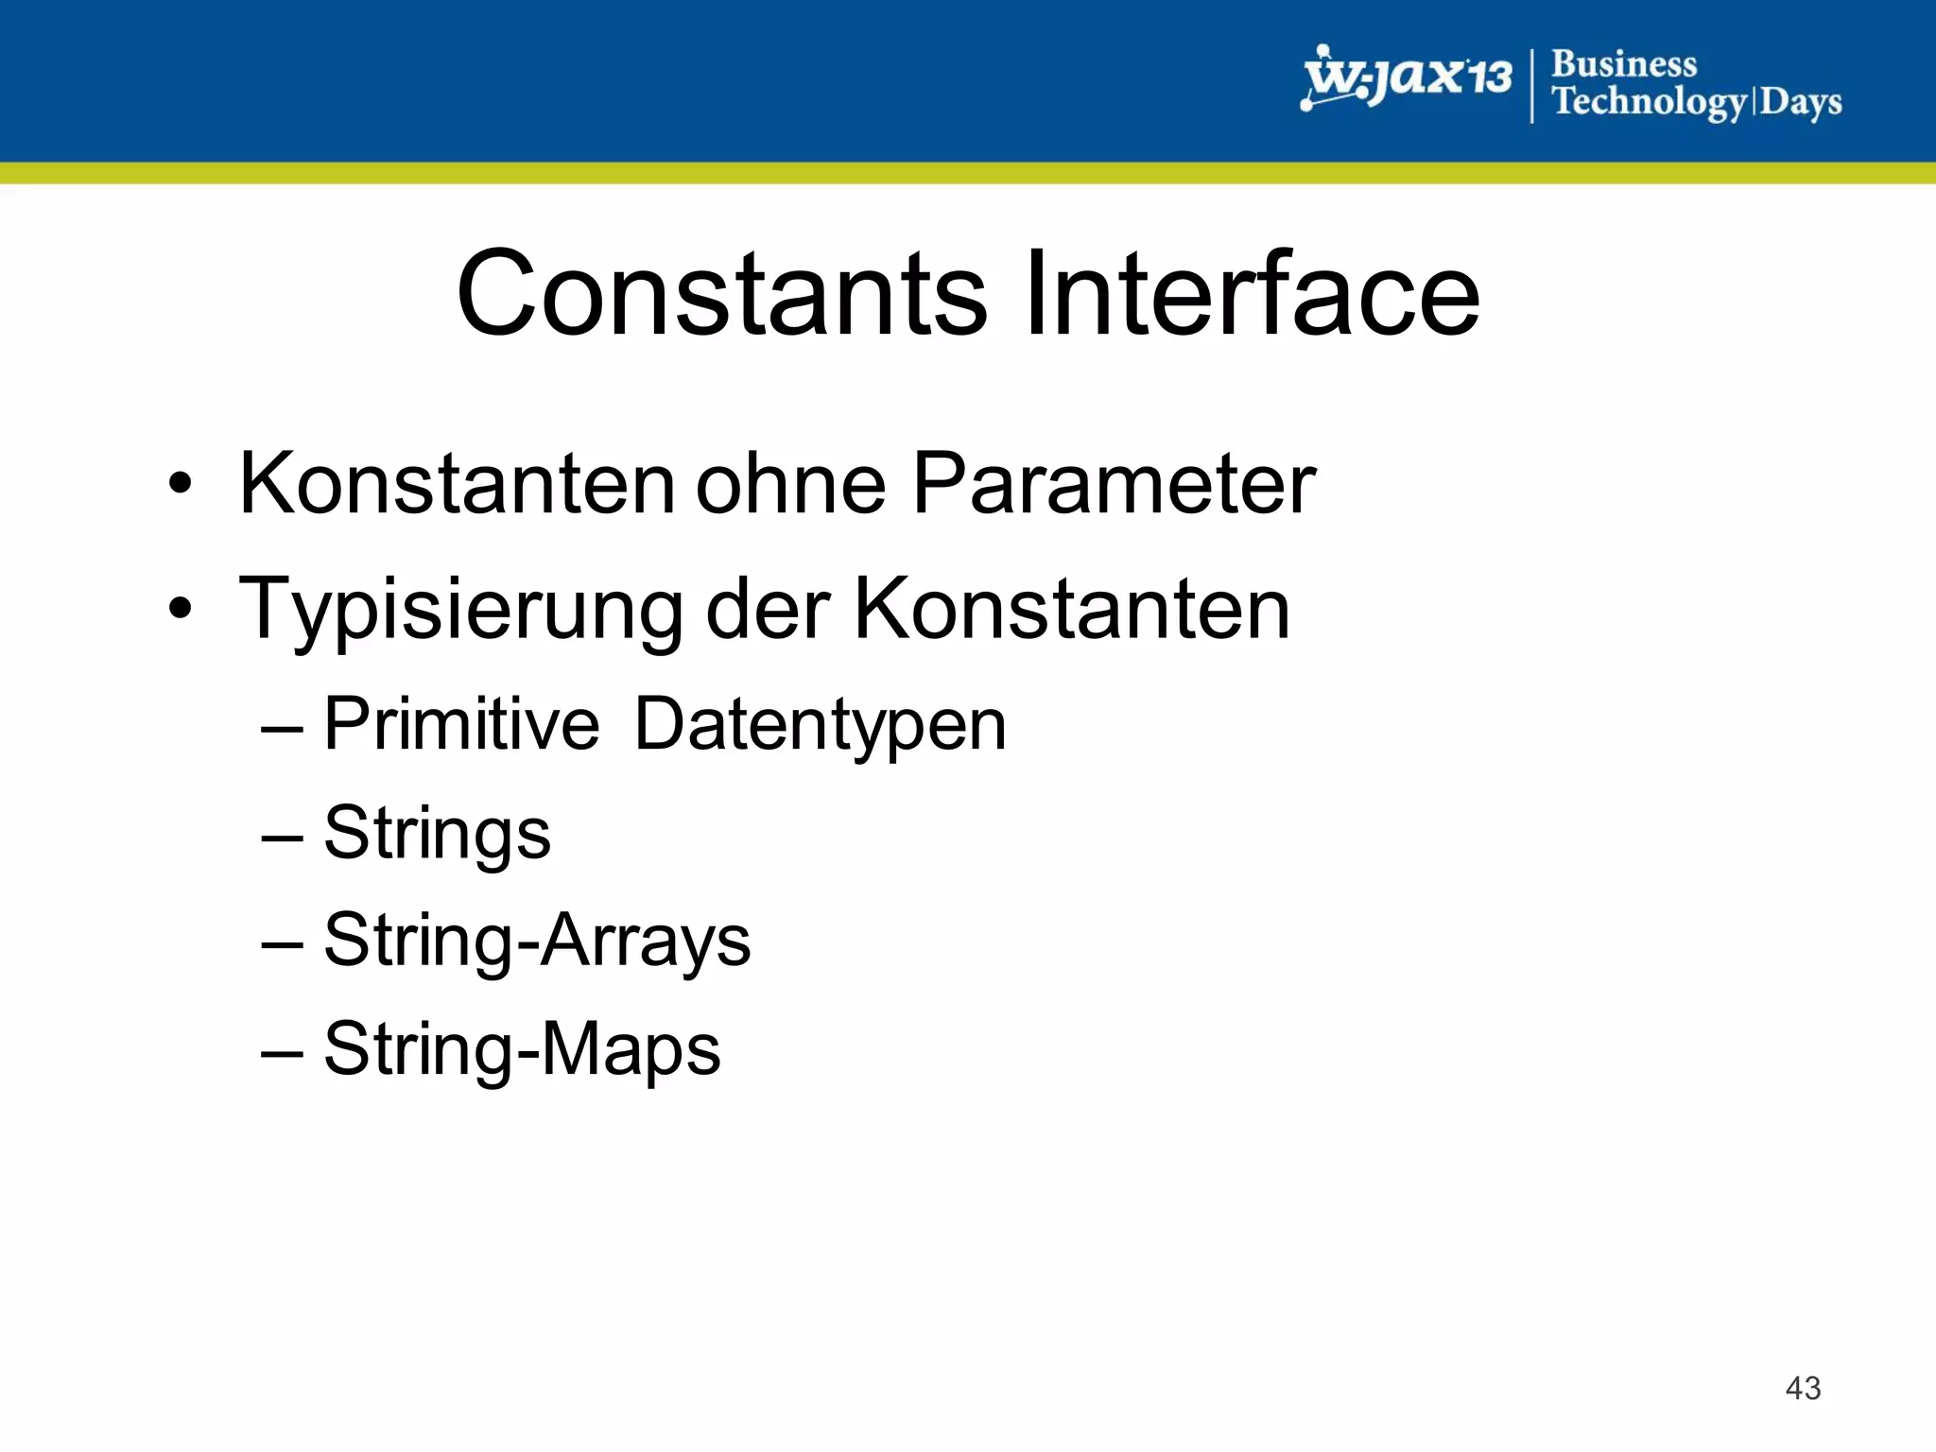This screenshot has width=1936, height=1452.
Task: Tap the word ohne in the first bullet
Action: tap(791, 484)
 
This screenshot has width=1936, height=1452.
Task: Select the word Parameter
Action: tap(1114, 484)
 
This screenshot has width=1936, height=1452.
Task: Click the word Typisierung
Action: tap(461, 611)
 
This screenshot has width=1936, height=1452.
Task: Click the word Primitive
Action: tap(461, 724)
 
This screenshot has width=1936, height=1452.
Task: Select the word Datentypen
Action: tap(820, 726)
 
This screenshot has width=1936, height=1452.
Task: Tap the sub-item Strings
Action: tap(437, 834)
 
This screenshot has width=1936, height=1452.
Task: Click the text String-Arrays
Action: tap(537, 942)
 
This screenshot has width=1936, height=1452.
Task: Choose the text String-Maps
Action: tap(522, 1049)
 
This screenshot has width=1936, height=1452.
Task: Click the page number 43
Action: tap(1803, 1388)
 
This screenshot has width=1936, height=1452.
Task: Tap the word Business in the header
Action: tap(1624, 64)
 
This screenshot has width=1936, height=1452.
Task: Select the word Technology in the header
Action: tap(1650, 101)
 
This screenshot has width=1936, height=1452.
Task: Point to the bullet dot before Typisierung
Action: tap(180, 610)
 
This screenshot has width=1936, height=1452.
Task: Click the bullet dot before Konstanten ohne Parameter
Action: tap(180, 484)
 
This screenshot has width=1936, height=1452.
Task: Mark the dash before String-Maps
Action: tap(282, 1051)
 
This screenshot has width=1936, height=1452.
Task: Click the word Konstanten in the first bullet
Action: tap(458, 484)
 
